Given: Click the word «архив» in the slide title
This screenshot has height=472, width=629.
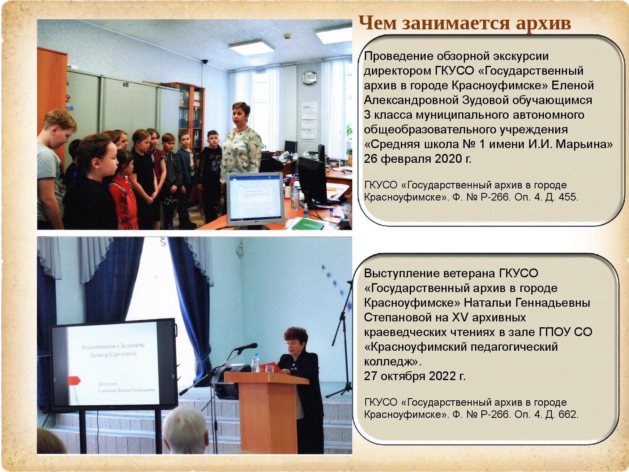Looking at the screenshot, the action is (x=543, y=23).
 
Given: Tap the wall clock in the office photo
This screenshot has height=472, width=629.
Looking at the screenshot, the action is (x=309, y=78).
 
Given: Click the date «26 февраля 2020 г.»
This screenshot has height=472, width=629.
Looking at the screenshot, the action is (x=418, y=159).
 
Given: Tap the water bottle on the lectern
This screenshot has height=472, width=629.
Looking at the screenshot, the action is (x=255, y=363).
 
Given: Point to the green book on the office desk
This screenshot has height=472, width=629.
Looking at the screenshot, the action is (x=308, y=224).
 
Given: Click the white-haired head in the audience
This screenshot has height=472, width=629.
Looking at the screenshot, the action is (x=186, y=431).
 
